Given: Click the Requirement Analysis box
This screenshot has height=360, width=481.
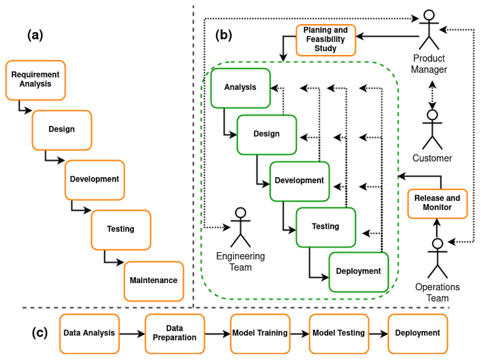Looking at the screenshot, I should coord(35,80).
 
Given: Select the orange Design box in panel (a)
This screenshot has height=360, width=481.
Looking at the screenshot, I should coord(62,130).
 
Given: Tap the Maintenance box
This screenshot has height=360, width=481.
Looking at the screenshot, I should coord(154,281).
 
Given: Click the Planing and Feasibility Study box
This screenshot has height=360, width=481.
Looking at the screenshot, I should coord(325,40).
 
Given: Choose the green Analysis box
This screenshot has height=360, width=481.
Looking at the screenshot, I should coord(240,88).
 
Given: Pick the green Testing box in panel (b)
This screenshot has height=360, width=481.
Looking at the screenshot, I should coord(325,227).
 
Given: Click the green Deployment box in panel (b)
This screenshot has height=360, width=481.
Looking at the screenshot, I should coord(358,272).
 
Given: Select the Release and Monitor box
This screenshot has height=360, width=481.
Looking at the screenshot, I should coord(437,203).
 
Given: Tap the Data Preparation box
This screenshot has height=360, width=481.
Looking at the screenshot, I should coord(175,334).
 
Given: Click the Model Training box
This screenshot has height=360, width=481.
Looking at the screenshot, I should coord(260,334).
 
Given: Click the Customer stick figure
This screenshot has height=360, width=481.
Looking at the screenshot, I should coord(432,129).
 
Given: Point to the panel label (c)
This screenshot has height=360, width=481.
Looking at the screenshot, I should coord(40,333).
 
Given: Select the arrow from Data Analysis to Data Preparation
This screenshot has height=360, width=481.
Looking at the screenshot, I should coord(132,334).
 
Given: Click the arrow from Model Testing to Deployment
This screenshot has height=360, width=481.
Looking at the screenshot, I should coord(378,334).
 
